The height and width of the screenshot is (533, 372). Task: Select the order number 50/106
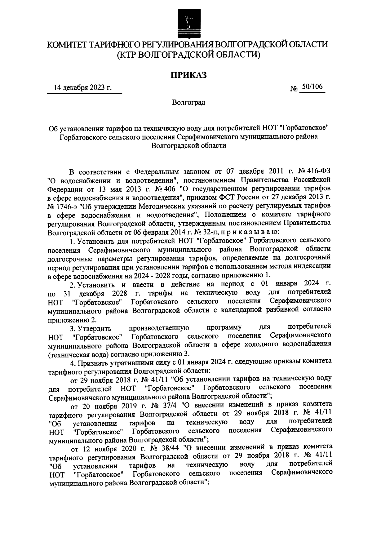click(312, 87)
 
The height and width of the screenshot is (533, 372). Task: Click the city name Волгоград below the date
click(188, 102)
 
